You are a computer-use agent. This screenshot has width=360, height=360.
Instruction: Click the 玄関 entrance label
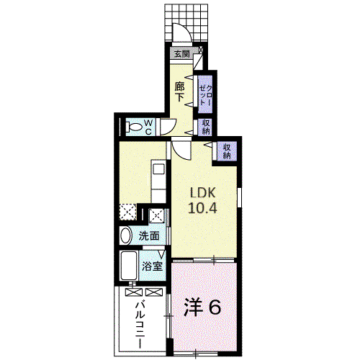pos(181,54)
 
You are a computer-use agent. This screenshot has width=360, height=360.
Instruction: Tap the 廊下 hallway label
pos(179,92)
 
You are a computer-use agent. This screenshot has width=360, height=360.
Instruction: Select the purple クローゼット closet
pos(205,94)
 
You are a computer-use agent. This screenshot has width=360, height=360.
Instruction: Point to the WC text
pos(148,127)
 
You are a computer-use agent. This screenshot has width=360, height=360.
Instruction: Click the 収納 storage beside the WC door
pos(205,127)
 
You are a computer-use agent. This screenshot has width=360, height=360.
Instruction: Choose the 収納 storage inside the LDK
pos(227,151)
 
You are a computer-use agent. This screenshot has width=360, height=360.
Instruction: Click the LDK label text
pos(203,192)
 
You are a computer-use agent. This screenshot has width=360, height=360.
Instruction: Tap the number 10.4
pos(202,208)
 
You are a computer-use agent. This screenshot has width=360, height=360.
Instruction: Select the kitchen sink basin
pos(159,169)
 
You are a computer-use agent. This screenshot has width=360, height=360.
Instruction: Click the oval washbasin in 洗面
pos(126,235)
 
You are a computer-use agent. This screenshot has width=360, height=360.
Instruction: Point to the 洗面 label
pos(149,236)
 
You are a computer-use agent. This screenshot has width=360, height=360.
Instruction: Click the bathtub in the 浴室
pos(129,266)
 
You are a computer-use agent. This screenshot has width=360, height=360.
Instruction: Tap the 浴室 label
pos(152,266)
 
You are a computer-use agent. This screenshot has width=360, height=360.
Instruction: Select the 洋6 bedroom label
pos(202,307)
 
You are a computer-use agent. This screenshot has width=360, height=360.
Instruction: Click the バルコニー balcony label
pos(140,324)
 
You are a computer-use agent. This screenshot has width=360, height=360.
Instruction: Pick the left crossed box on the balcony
pos(134,292)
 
